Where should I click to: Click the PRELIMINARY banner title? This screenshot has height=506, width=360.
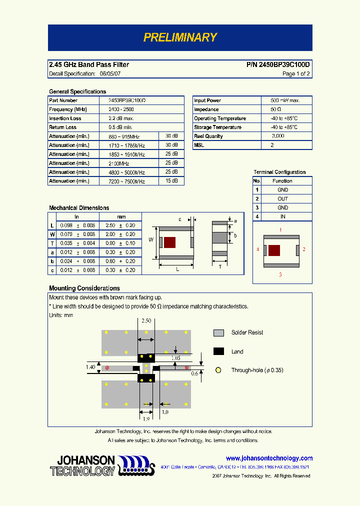tap(180, 37)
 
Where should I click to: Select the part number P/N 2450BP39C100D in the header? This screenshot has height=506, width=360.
tap(278, 65)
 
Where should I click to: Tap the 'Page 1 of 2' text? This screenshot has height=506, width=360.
tap(296, 74)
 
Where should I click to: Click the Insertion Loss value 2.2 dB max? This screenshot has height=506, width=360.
tap(121, 118)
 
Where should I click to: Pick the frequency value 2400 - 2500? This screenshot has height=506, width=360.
tap(121, 109)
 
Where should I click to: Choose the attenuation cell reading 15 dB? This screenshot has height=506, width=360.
tap(171, 181)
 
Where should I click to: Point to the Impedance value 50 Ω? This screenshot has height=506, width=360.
tap(276, 109)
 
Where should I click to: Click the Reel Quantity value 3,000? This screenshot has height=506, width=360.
tap(278, 136)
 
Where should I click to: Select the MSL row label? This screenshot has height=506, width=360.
tap(199, 145)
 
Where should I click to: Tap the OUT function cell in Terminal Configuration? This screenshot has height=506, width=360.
tap(283, 198)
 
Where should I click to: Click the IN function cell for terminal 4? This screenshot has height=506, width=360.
tap(283, 216)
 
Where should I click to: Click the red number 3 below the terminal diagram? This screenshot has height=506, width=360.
tap(280, 274)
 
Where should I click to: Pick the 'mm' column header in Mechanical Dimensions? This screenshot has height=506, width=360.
tap(121, 216)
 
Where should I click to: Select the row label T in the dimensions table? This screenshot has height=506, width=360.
tap(52, 243)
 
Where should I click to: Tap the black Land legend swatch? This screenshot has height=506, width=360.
tap(218, 351)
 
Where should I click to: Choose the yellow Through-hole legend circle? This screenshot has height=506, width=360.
tap(218, 370)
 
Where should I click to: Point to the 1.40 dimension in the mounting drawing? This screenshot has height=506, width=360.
tap(90, 367)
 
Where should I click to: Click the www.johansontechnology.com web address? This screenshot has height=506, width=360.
tap(269, 458)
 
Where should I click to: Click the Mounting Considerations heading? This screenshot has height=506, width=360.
tap(84, 288)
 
